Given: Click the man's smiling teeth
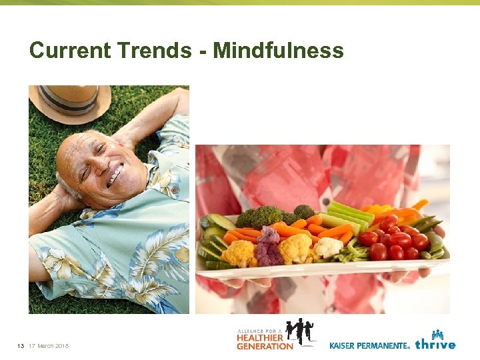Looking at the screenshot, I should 117,175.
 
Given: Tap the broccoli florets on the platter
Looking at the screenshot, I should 261,216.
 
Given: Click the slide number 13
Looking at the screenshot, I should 21,345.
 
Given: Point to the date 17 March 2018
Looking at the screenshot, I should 49,345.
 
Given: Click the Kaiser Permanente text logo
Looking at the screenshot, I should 369,345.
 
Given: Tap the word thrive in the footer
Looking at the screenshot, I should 435,345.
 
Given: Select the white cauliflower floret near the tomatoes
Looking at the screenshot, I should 328,247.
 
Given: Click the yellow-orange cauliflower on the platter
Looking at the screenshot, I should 239,253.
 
